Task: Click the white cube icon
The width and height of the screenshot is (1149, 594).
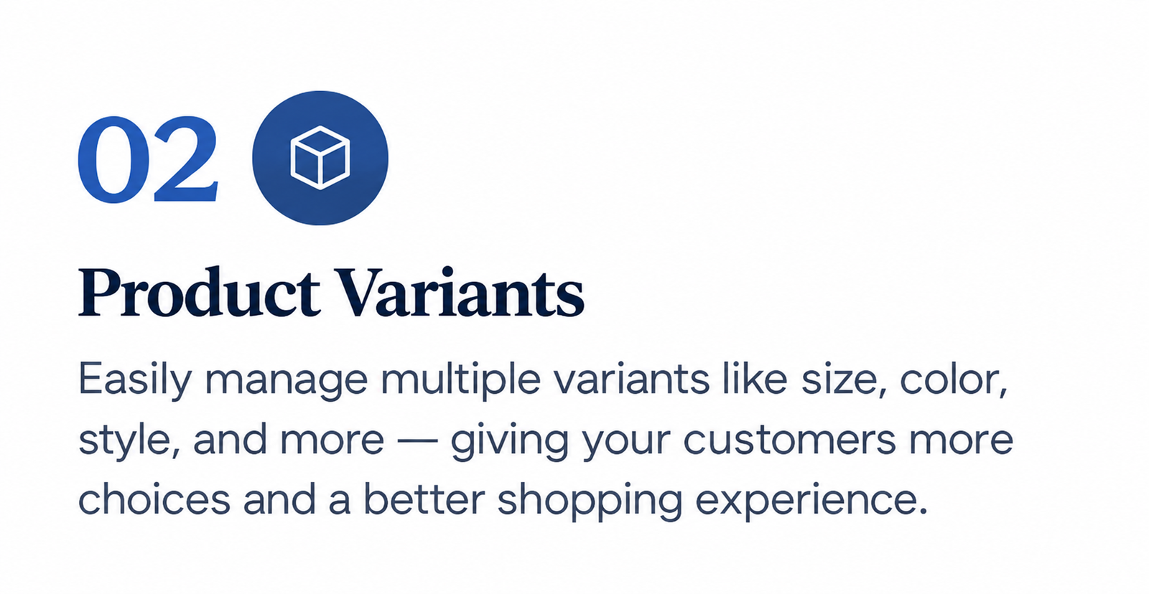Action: (x=320, y=158)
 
